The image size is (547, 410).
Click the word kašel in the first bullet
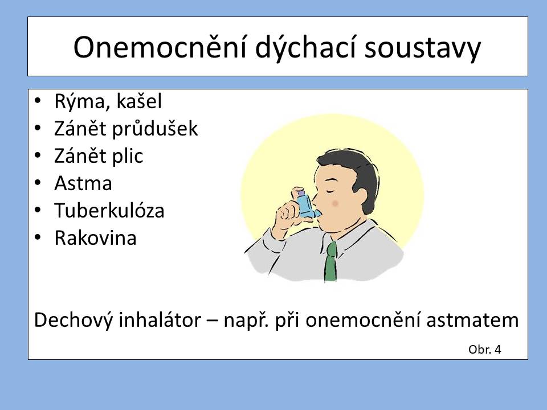[x=138, y=101]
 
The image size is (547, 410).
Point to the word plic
[x=127, y=155]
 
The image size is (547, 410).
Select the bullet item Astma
[x=83, y=183]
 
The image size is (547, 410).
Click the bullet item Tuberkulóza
[x=109, y=210]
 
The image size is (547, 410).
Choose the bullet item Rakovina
[x=95, y=238]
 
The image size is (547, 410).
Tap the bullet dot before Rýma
[x=38, y=101]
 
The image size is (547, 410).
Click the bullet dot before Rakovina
[x=38, y=237]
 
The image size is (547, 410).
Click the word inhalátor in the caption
[x=160, y=319]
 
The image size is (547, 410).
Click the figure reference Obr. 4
[x=484, y=349]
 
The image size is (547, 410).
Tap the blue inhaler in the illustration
[x=305, y=204]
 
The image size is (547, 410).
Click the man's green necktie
[x=330, y=261]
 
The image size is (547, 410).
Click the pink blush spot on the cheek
[x=335, y=203]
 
